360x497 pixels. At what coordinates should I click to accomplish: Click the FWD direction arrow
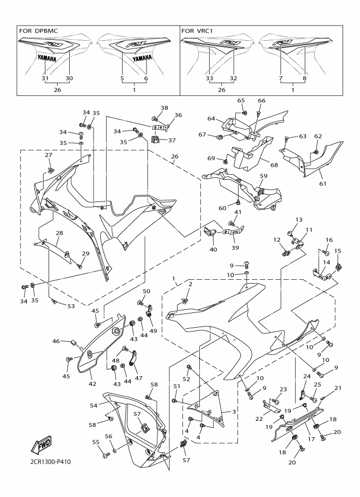(x=43, y=447)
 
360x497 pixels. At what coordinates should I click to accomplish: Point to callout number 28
(x=59, y=233)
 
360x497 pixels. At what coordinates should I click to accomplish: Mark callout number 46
(x=56, y=341)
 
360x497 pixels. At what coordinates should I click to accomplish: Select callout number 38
(x=164, y=108)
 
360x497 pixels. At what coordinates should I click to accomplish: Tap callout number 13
(x=297, y=219)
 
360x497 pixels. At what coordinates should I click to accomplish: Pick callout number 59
(x=264, y=176)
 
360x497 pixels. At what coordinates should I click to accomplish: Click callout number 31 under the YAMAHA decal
(x=45, y=78)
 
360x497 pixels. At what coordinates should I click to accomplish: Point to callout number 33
(x=210, y=78)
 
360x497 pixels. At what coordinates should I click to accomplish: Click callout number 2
(x=190, y=284)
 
